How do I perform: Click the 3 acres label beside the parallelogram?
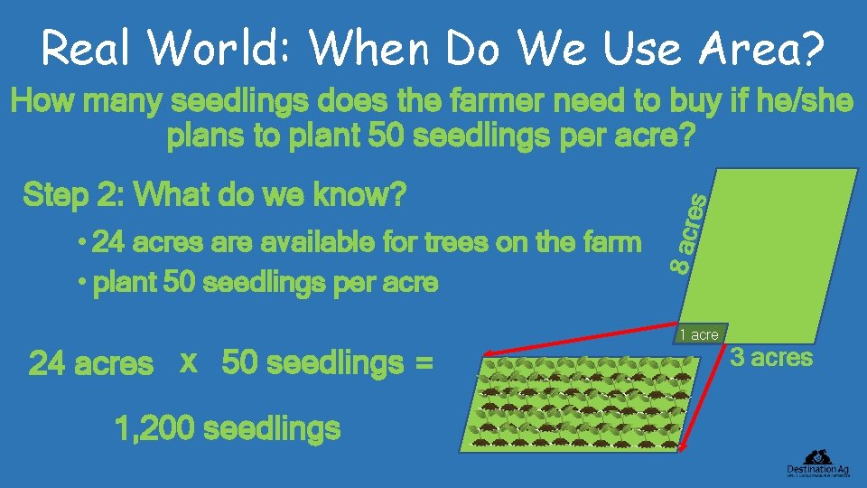[x=771, y=358]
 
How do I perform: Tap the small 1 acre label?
[x=699, y=335]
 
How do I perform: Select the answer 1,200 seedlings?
[x=228, y=427]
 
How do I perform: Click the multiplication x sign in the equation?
[x=189, y=361]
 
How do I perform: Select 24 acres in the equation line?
[x=91, y=364]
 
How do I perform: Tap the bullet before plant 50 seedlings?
[x=81, y=283]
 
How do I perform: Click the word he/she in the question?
[x=806, y=102]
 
